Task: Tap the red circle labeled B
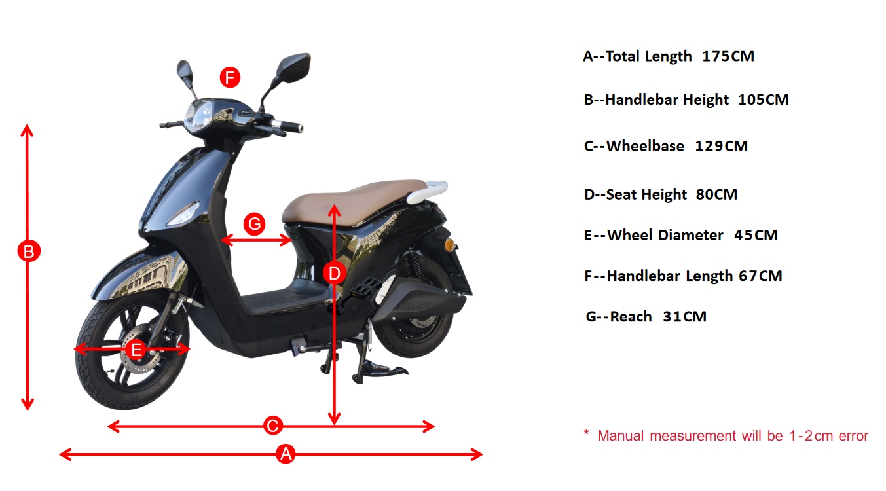pos(29,251)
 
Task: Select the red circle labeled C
pos(273,426)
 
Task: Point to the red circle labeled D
pos(335,273)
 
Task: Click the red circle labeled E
pos(136,350)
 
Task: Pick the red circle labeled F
pos(229,77)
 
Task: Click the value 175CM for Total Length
pos(728,56)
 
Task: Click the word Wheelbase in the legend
pos(645,146)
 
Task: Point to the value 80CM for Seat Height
pos(716,194)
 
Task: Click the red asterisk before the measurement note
pos(587,434)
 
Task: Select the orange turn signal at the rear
pos(449,244)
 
